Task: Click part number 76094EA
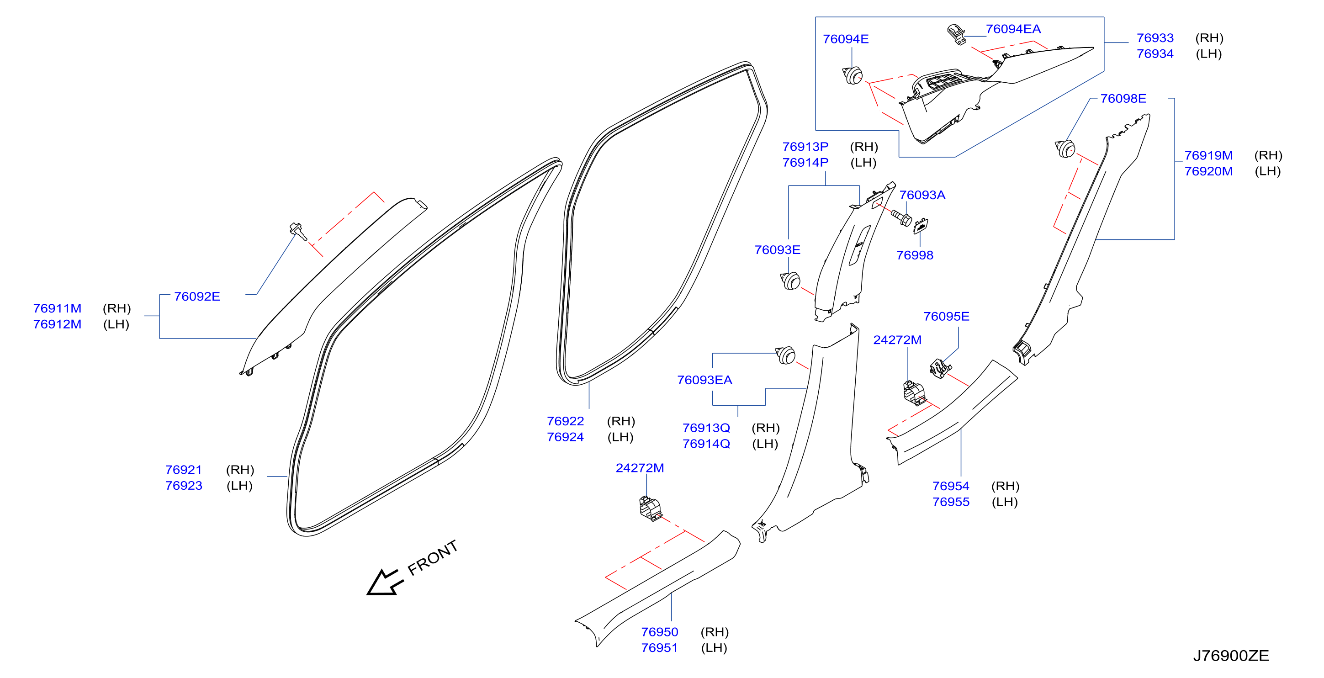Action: (x=1012, y=29)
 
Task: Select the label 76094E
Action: (x=846, y=39)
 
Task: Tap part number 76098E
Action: (x=1123, y=98)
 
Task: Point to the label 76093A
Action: (x=922, y=195)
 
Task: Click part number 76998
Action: (x=914, y=255)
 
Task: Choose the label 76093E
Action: (x=777, y=250)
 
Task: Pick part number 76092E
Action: (x=197, y=297)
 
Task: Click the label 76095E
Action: (x=946, y=316)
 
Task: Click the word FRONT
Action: (x=432, y=558)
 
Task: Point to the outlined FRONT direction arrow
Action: (x=385, y=583)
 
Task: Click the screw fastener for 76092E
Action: (x=298, y=231)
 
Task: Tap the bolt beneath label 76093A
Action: (x=901, y=218)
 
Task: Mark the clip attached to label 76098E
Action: (x=1065, y=148)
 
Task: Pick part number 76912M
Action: (x=57, y=324)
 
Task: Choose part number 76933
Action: (x=1155, y=38)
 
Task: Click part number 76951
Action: (x=659, y=648)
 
